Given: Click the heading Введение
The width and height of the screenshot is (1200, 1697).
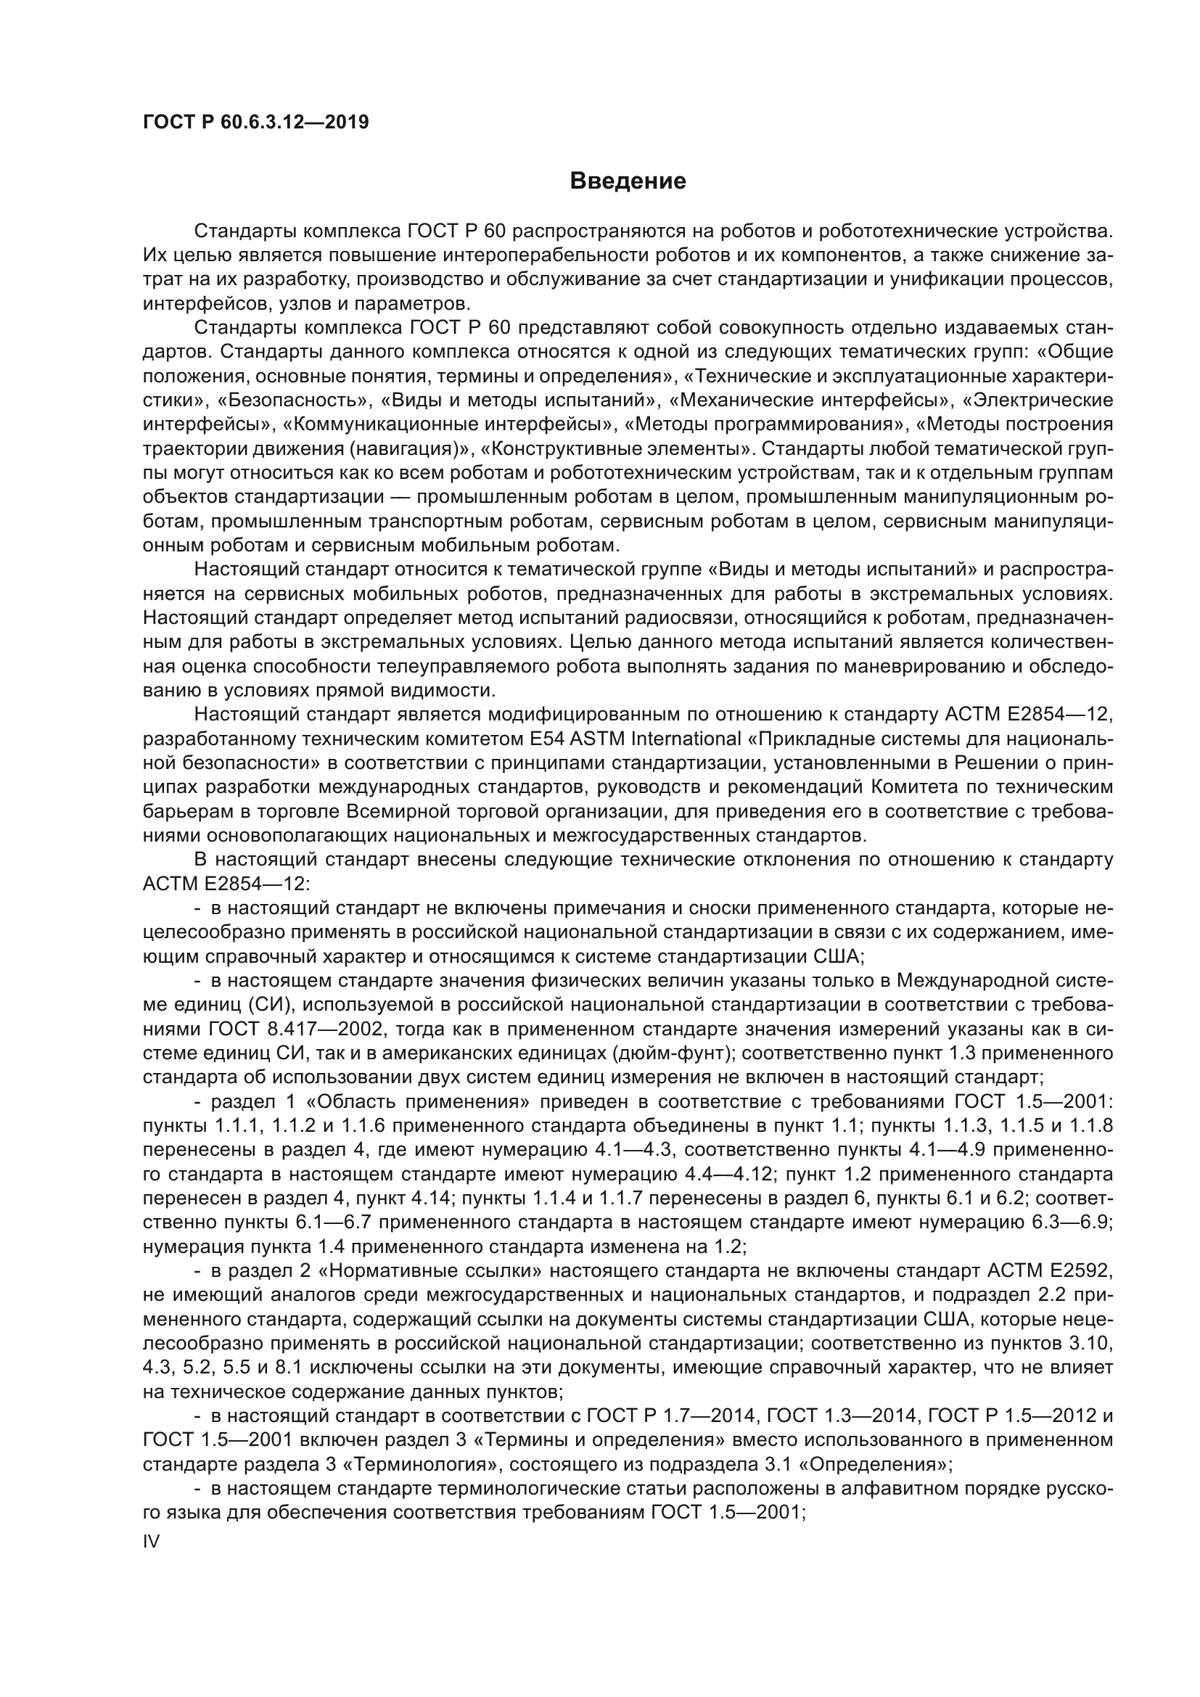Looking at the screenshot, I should [628, 181].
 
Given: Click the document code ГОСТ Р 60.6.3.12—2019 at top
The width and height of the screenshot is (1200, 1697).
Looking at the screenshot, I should [255, 123].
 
